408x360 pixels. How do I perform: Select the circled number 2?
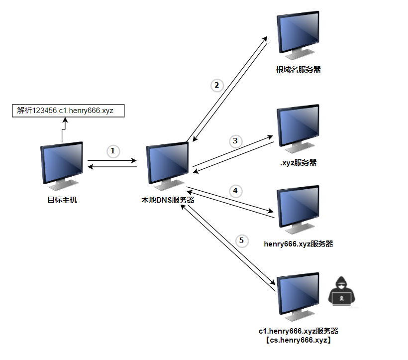point(216,85)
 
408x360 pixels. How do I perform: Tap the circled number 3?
point(236,141)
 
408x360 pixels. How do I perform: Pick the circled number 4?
point(235,191)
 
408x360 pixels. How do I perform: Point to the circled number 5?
point(242,241)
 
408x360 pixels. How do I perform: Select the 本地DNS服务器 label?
point(168,200)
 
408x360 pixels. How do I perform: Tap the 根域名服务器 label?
point(298,70)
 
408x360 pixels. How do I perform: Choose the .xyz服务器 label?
point(298,162)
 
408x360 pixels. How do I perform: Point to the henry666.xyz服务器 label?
point(298,244)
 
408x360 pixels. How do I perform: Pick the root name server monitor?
point(298,34)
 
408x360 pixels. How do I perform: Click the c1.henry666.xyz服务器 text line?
point(298,331)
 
